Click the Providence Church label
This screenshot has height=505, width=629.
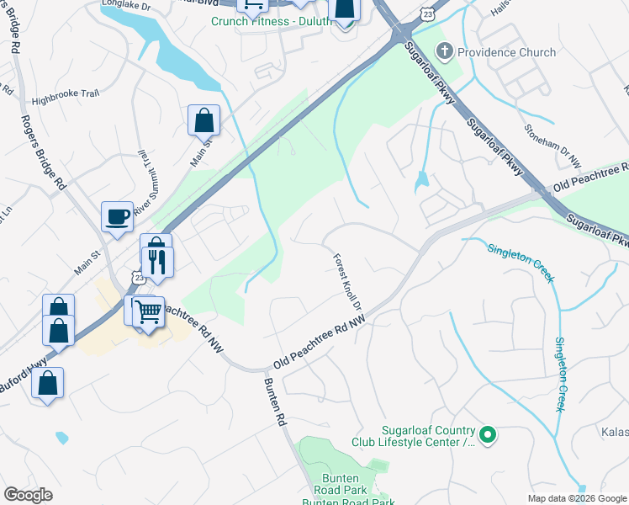click(x=506, y=52)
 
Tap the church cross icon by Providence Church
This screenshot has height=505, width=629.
click(x=445, y=52)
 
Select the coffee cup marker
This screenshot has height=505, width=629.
click(x=117, y=217)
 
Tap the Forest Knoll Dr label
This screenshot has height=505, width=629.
click(x=346, y=281)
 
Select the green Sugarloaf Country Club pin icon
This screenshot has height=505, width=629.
click(x=488, y=435)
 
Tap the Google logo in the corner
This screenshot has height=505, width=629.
click(x=28, y=495)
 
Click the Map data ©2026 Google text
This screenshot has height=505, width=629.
click(x=578, y=498)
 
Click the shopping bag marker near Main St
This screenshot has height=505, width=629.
click(x=203, y=121)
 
